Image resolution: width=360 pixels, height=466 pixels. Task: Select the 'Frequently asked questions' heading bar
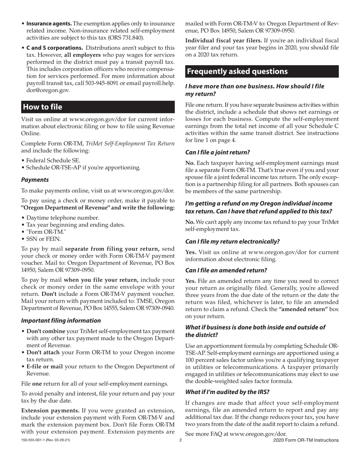click(237, 72)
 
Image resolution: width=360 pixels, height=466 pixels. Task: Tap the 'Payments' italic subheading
click(34, 180)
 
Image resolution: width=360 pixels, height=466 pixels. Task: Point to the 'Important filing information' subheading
click(61, 321)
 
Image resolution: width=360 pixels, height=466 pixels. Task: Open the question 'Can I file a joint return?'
click(218, 153)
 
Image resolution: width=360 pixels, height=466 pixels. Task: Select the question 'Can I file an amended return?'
click(226, 271)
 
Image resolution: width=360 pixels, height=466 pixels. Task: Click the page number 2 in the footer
click(180, 440)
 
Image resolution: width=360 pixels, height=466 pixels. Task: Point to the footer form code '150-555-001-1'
click(35, 440)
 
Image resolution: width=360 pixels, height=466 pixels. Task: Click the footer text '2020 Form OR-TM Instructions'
click(305, 440)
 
